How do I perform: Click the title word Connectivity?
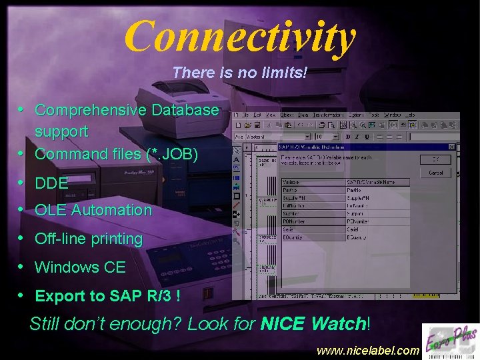click(240, 36)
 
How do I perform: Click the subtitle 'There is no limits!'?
click(240, 72)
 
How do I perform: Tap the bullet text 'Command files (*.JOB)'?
click(117, 154)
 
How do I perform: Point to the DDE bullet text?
click(51, 183)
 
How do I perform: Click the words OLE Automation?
click(93, 210)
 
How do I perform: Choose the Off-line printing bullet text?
click(89, 239)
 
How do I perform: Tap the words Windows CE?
click(80, 267)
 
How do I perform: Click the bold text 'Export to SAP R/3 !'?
click(107, 296)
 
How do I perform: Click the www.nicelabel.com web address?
click(367, 350)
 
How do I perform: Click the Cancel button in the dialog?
click(436, 173)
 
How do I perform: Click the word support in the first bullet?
click(61, 131)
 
